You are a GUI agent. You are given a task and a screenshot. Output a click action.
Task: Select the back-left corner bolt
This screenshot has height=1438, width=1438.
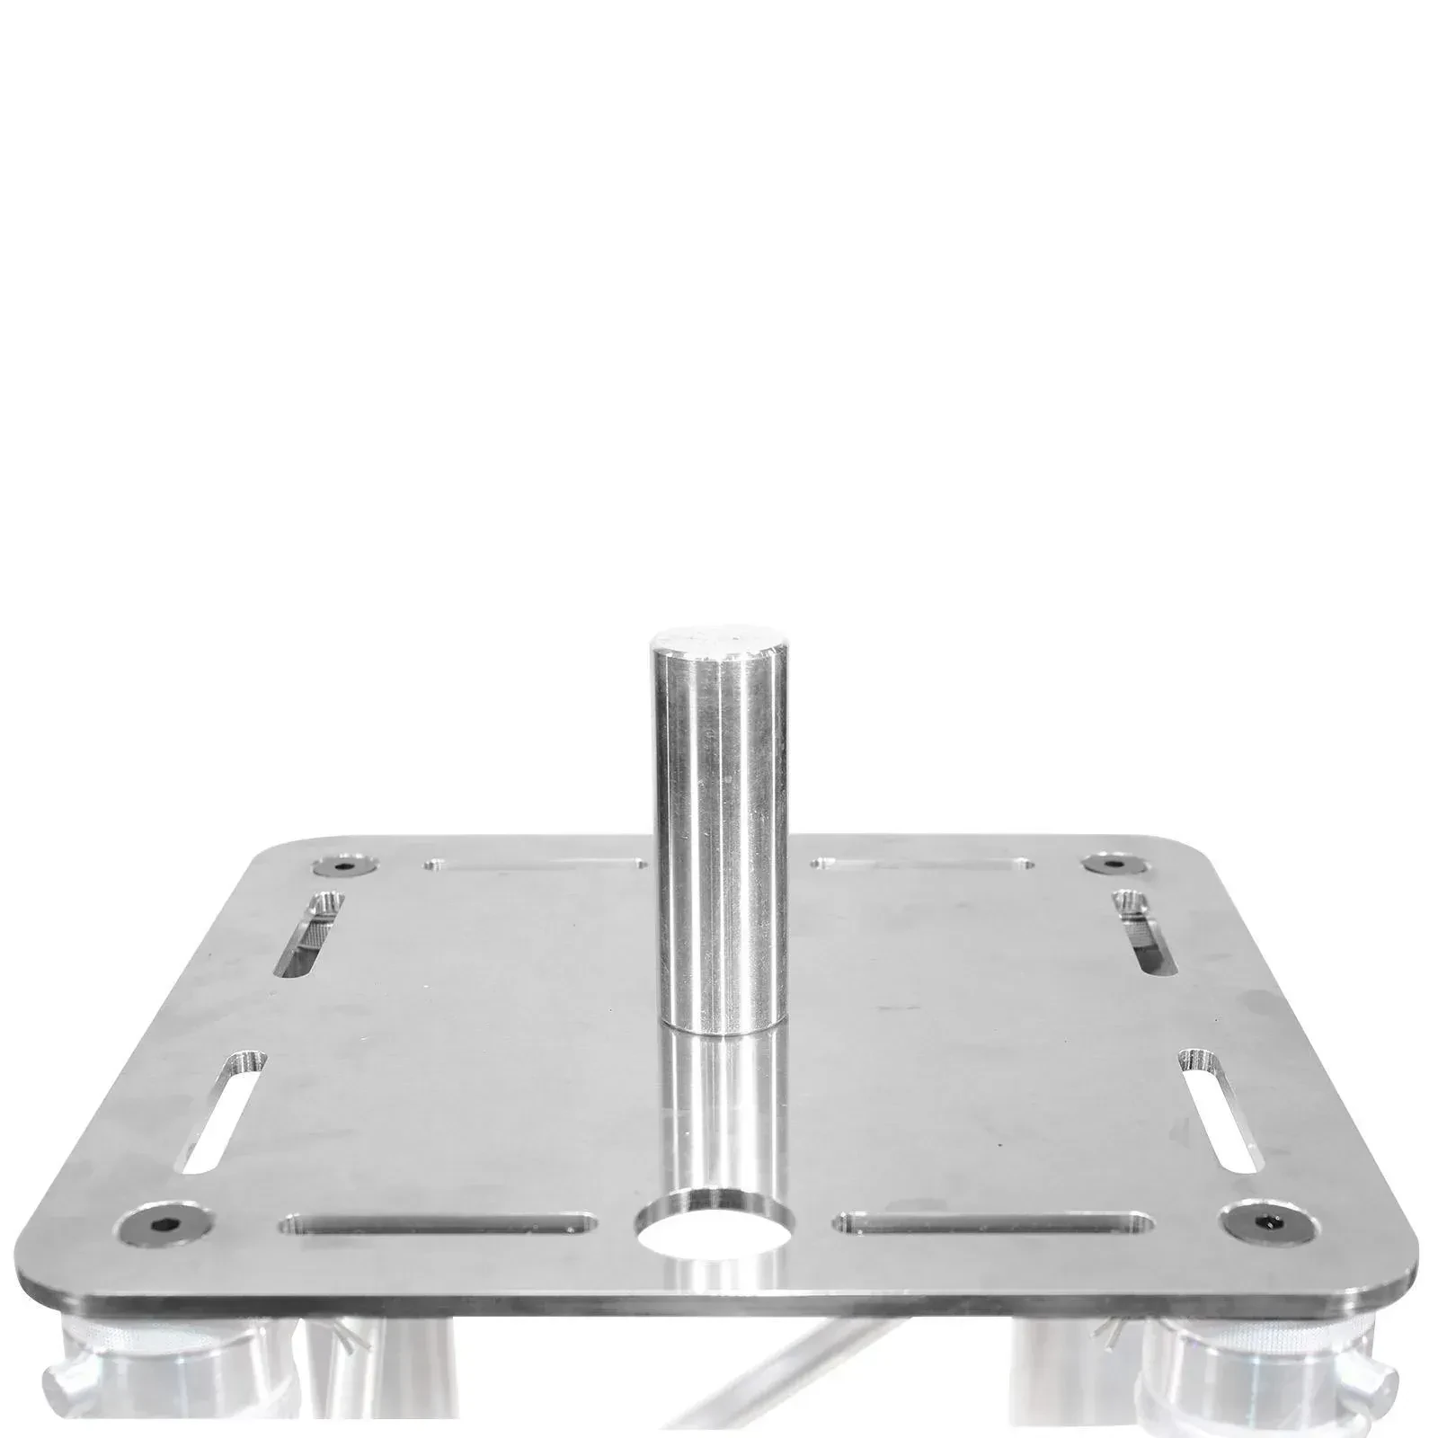342,866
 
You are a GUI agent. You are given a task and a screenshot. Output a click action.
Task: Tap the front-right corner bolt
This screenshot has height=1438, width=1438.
1265,1222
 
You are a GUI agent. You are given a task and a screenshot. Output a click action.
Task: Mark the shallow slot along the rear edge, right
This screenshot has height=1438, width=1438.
922,865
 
